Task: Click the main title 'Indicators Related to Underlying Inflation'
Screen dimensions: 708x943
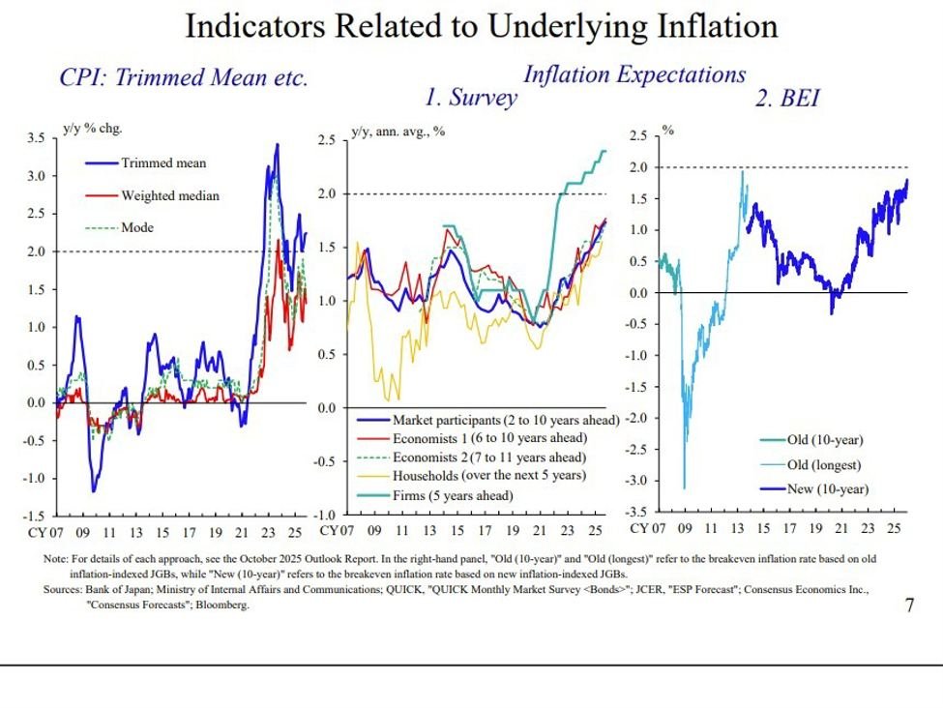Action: [x=481, y=26]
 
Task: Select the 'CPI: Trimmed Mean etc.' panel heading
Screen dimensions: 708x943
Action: [x=184, y=78]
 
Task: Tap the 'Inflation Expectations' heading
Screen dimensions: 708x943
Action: [x=634, y=74]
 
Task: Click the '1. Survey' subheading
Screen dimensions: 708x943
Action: [x=471, y=98]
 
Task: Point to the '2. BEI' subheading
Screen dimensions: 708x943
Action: [x=786, y=98]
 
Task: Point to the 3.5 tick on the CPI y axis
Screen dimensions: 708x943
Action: [x=34, y=138]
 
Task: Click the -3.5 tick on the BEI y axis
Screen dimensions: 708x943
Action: [x=638, y=512]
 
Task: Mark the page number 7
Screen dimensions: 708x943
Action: [x=909, y=605]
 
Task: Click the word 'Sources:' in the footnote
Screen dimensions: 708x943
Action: [x=62, y=589]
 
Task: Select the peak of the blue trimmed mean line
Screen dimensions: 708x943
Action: [x=278, y=144]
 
